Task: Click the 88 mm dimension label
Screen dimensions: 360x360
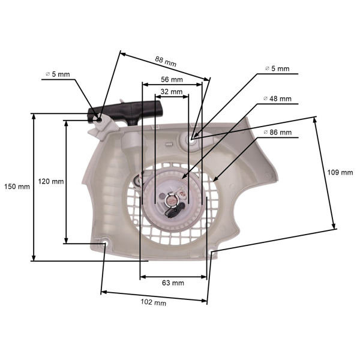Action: (166, 60)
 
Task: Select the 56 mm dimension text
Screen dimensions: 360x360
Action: (172, 79)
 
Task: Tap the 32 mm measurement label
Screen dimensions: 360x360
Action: (172, 92)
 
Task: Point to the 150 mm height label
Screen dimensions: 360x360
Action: (16, 187)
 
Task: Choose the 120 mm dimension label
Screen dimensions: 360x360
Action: (50, 181)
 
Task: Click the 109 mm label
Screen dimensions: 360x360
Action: (340, 173)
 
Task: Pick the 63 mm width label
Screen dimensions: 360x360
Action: (173, 283)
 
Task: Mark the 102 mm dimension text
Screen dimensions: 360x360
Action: (153, 303)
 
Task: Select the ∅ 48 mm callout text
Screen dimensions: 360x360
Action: (277, 99)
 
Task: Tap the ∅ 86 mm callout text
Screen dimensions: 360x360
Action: (277, 132)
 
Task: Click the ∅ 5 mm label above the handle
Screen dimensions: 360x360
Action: (58, 74)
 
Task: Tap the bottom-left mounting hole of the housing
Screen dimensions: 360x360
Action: (104, 244)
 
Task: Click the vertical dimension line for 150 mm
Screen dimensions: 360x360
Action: (34, 187)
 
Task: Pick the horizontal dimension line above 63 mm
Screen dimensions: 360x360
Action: (173, 277)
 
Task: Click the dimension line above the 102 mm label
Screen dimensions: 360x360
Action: (154, 296)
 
